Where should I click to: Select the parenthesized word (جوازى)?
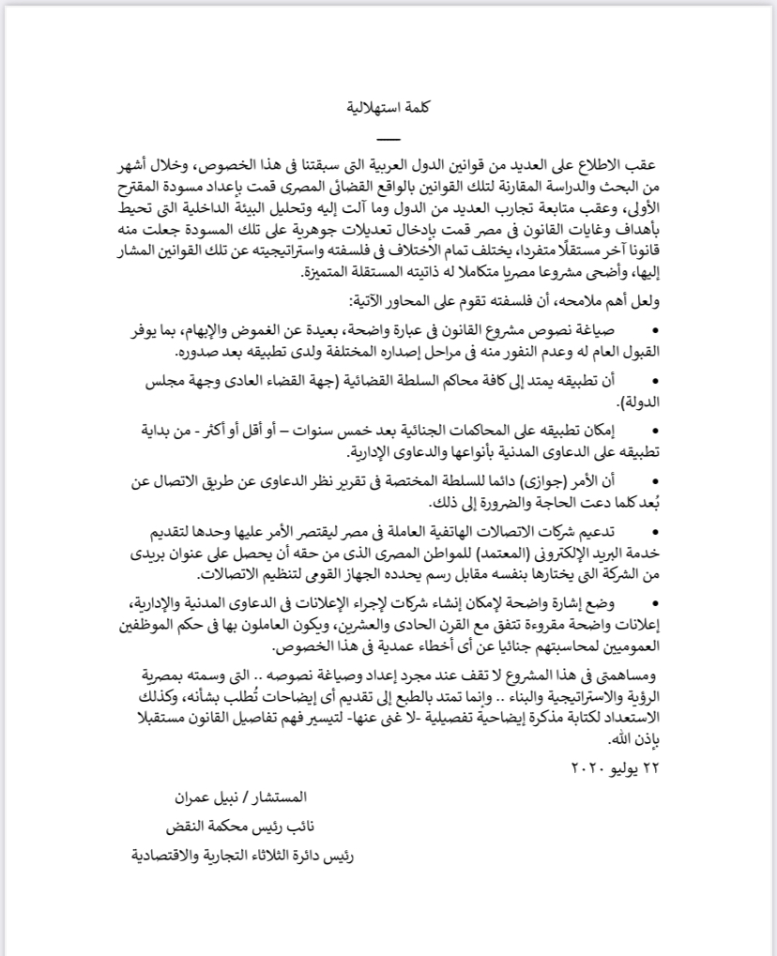[x=562, y=482]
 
